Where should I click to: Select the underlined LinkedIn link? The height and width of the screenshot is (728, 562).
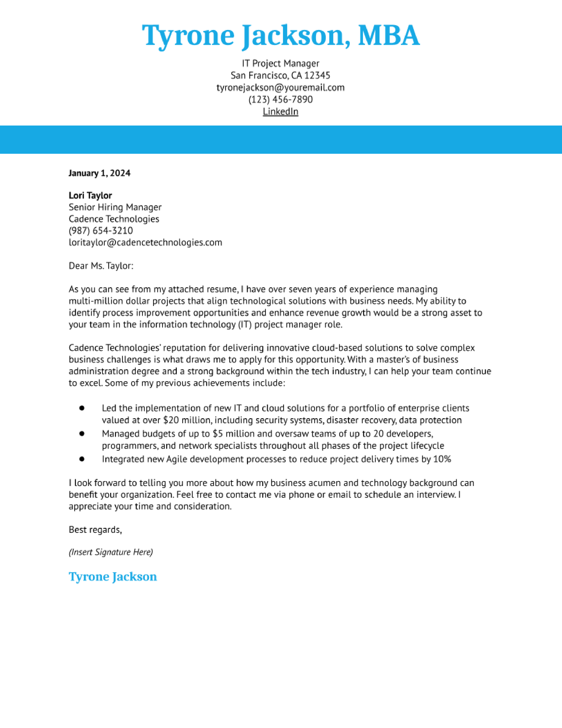[280, 111]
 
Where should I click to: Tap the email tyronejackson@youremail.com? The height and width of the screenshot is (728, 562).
[280, 87]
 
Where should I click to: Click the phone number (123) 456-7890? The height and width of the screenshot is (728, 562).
[280, 99]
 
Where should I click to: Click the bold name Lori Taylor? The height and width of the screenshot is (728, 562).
[90, 195]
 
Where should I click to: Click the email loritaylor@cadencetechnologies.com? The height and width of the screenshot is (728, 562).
[145, 242]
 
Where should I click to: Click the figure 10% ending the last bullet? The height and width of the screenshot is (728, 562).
[442, 459]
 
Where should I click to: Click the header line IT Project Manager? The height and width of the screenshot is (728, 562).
[280, 63]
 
